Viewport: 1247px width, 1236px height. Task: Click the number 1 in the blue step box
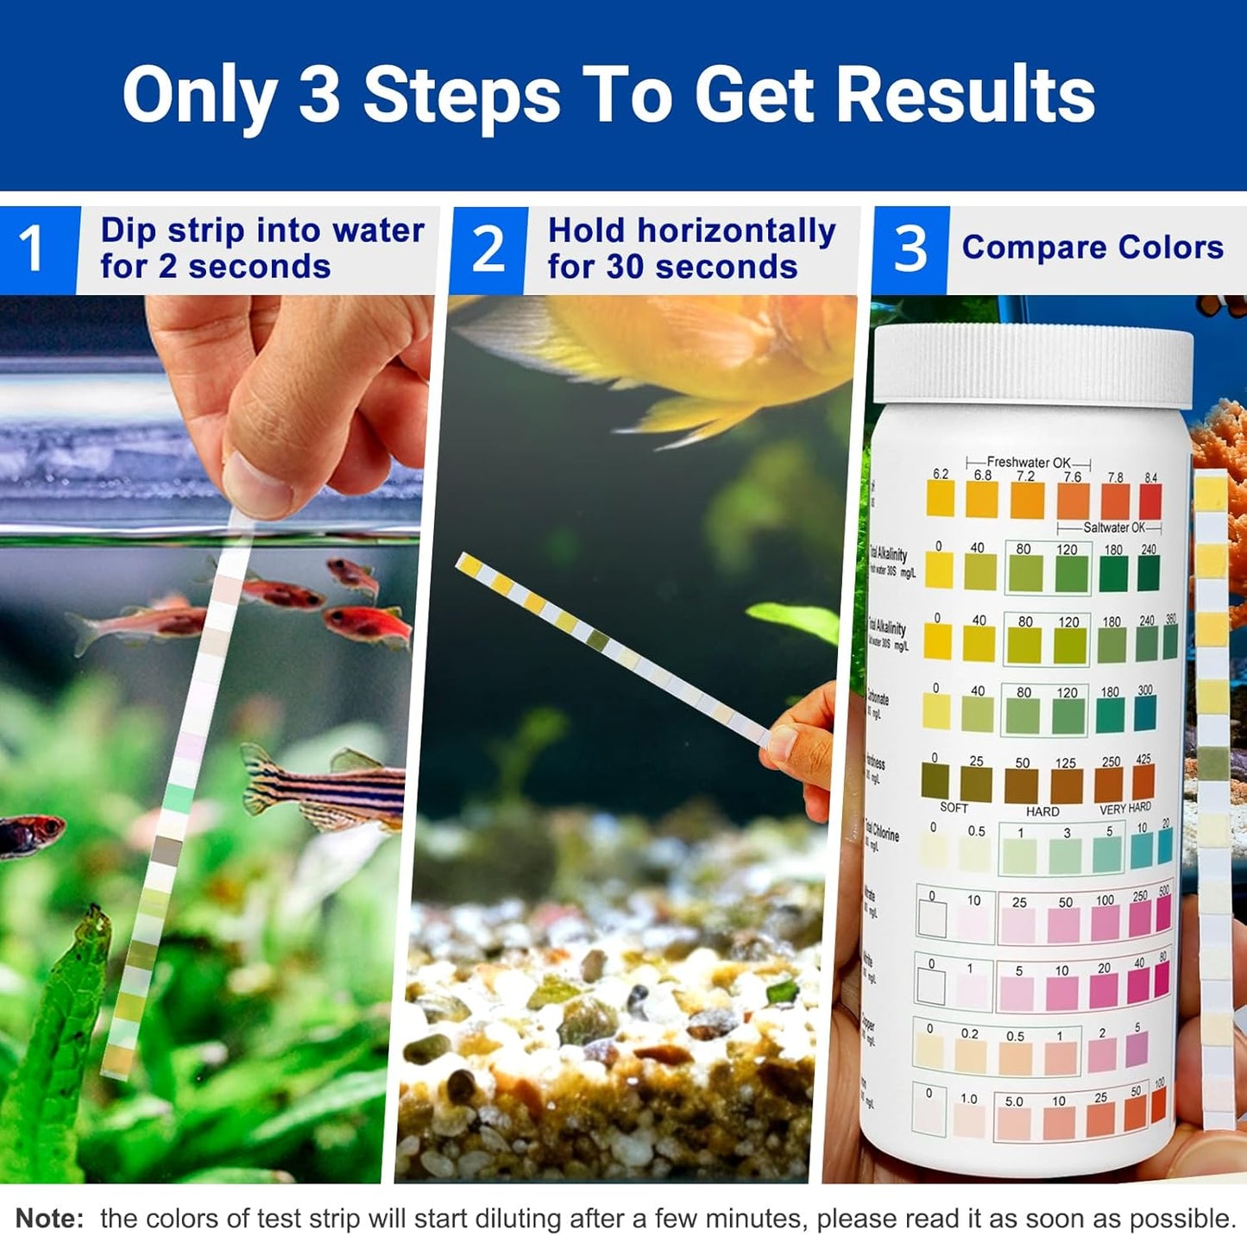pos(32,249)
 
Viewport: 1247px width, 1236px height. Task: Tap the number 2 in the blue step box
pos(488,250)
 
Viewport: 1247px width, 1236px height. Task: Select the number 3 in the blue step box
pos(910,250)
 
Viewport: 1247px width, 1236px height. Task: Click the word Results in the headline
pos(966,95)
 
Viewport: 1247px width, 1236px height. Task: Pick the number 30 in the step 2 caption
pos(628,268)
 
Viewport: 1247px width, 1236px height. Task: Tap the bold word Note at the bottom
pos(49,1218)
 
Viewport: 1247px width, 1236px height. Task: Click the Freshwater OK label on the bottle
pos(1029,463)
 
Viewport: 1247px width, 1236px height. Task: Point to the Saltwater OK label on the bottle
pos(1113,527)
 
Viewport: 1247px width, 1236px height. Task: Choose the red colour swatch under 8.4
pos(1150,501)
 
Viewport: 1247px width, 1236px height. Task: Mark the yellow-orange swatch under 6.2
pos(940,499)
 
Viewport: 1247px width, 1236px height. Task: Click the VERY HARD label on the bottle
pos(1124,809)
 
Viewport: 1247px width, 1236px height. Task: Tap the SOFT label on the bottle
pos(954,808)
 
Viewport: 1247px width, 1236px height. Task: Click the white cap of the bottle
pos(1033,363)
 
